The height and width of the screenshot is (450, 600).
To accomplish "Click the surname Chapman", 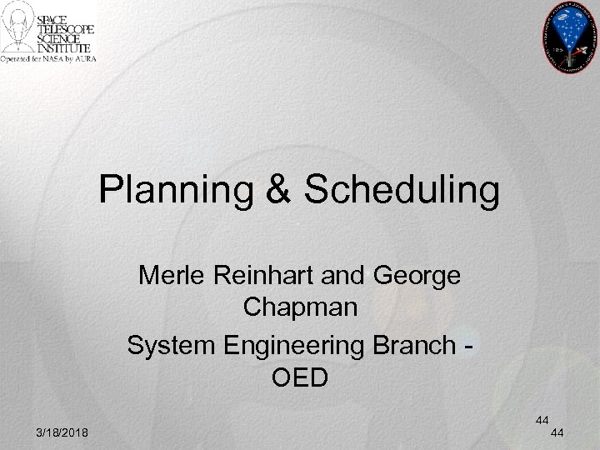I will tap(301, 307).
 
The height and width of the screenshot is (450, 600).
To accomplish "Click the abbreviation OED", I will tap(301, 377).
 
